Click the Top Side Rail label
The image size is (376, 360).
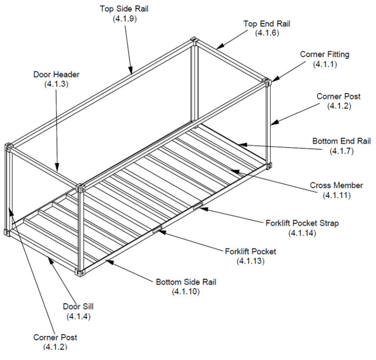[124, 9]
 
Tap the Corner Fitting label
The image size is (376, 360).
[325, 54]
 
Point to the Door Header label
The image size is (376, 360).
[56, 75]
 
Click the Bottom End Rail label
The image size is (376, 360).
[342, 141]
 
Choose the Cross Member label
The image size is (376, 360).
[336, 185]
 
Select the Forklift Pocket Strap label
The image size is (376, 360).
[302, 223]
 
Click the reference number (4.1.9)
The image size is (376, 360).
[124, 18]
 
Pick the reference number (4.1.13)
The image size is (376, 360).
[250, 261]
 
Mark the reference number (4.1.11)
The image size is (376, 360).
[336, 195]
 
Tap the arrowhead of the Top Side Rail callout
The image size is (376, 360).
[131, 72]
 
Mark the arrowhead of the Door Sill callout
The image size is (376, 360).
[49, 259]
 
